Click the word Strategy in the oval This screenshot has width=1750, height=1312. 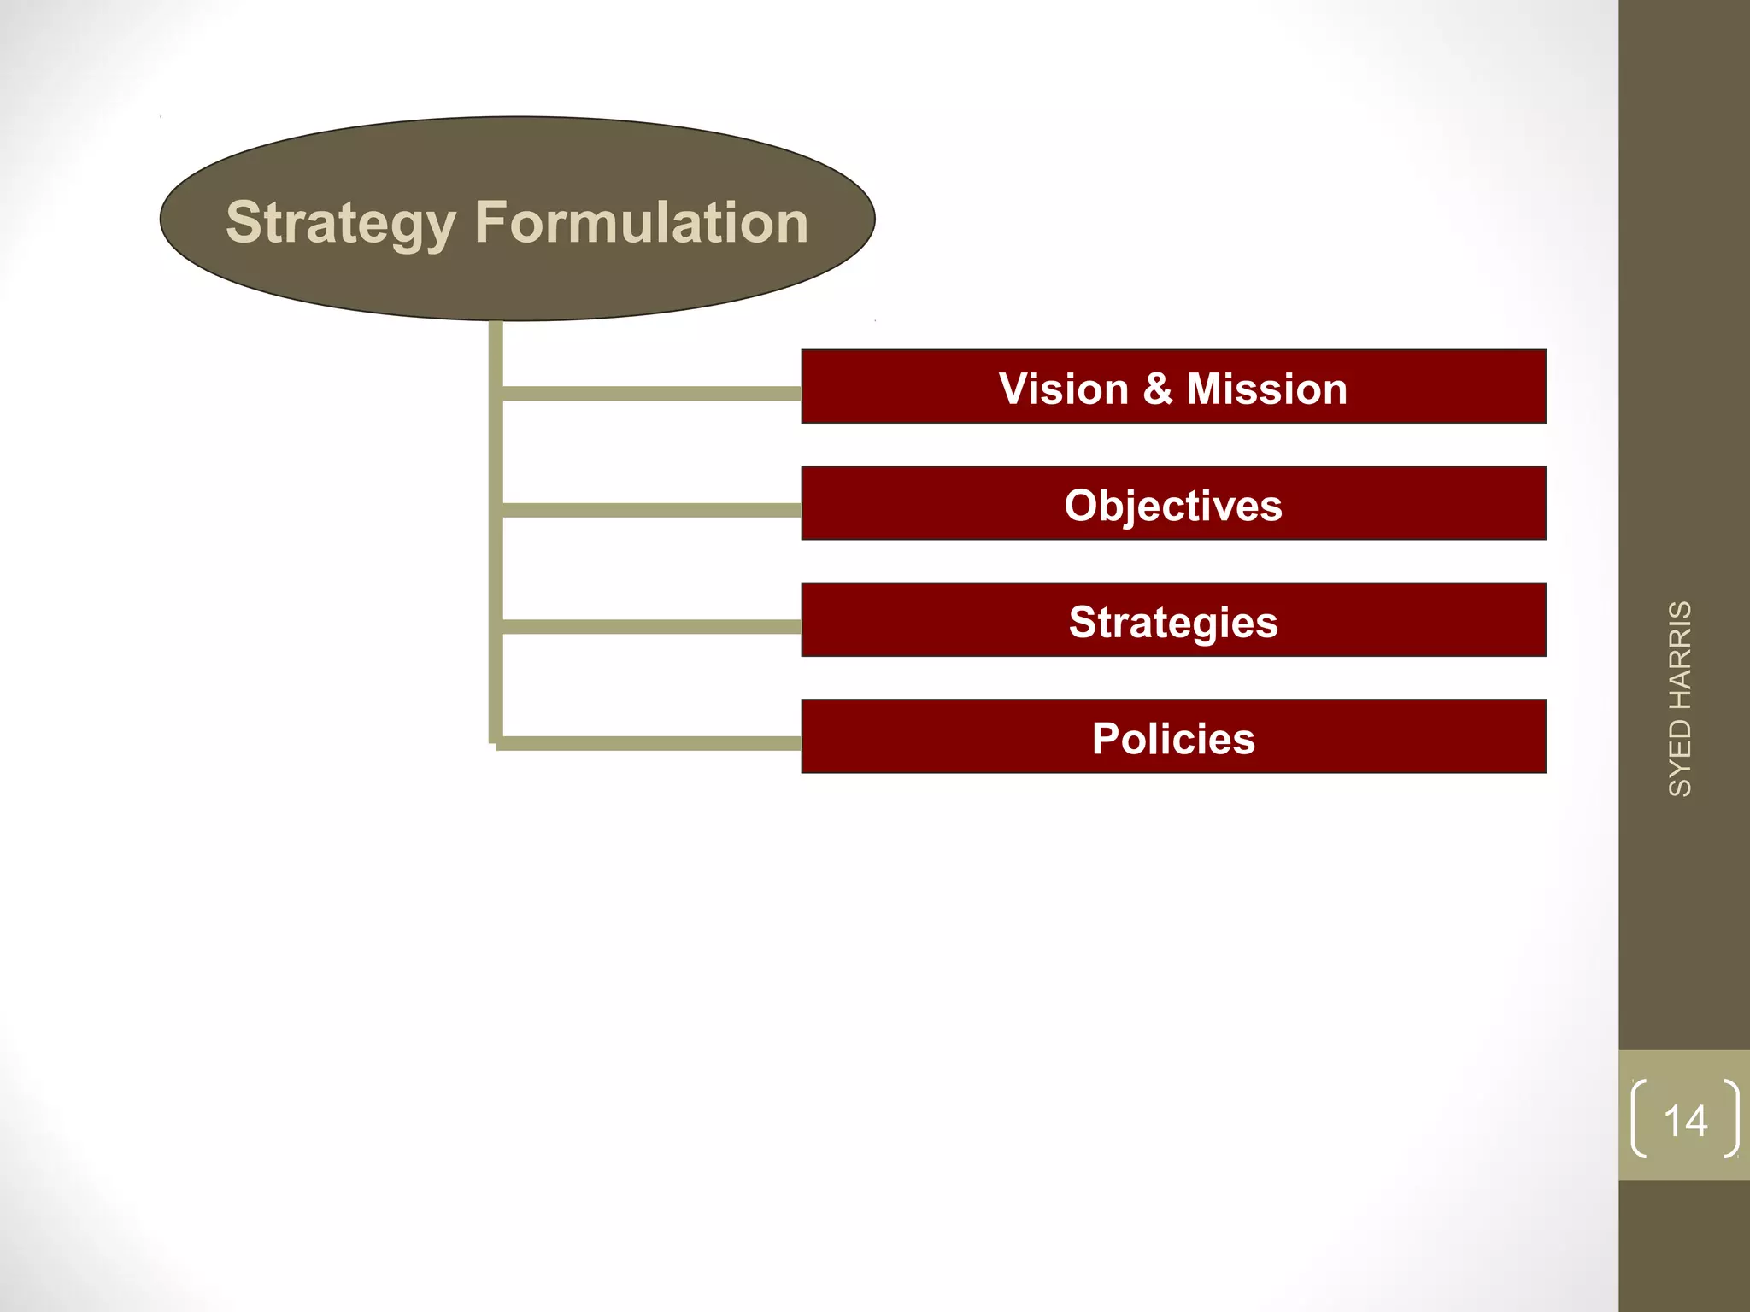[x=340, y=223]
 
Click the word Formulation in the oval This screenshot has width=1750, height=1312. [x=642, y=223]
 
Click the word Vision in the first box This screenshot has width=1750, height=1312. [x=1064, y=389]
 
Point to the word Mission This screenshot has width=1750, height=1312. [x=1266, y=389]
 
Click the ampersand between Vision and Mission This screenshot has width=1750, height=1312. [x=1157, y=389]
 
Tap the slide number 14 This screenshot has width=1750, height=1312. [x=1685, y=1121]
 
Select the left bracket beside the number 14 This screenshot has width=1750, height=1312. [x=1639, y=1119]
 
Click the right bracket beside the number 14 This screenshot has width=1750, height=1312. [x=1732, y=1119]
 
